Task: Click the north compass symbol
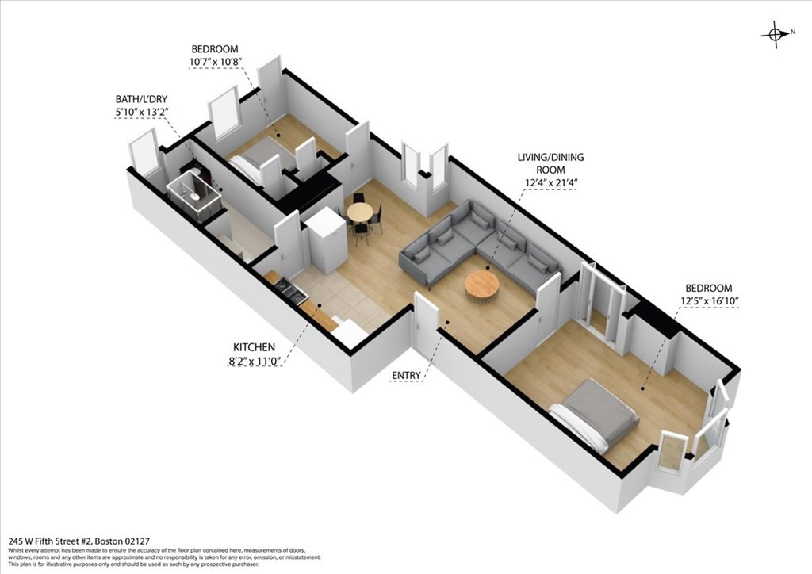[x=775, y=33]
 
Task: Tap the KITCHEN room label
[x=254, y=347]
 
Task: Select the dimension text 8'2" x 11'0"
[x=254, y=361]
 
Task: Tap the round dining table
[x=359, y=213]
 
